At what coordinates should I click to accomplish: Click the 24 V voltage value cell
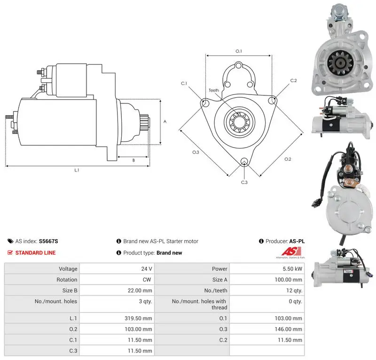(x=147, y=269)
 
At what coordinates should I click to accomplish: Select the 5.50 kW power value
(x=292, y=269)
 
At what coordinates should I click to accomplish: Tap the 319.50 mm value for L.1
(x=138, y=318)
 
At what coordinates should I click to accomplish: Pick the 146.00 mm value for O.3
(x=288, y=329)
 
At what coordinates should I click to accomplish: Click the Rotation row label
(x=67, y=280)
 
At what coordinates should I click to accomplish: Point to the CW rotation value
(x=147, y=280)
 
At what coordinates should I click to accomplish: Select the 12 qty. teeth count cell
(x=294, y=290)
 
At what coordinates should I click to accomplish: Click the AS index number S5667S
(x=48, y=241)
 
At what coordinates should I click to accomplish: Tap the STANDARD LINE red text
(x=36, y=253)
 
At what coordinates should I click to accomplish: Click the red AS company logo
(x=291, y=251)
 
